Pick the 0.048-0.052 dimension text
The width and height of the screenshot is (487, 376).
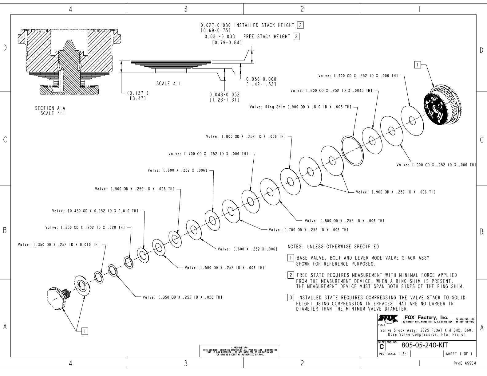224,95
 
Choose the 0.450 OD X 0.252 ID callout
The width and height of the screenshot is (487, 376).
95,211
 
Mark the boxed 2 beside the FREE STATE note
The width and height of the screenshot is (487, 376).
291,275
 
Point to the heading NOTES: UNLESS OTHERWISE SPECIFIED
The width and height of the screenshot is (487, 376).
333,247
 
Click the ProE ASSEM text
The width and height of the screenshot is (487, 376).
465,363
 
